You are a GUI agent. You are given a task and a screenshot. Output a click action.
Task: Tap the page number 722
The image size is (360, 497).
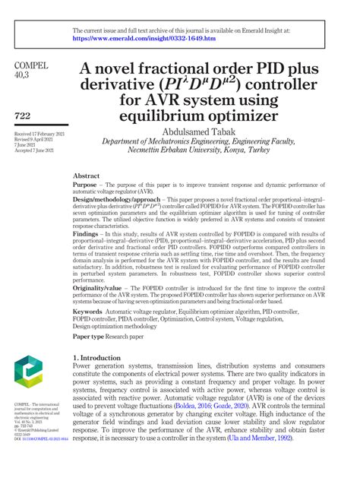pyautogui.click(x=24, y=115)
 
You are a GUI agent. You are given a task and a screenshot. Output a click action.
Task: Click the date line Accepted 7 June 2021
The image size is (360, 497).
pyautogui.click(x=33, y=150)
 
